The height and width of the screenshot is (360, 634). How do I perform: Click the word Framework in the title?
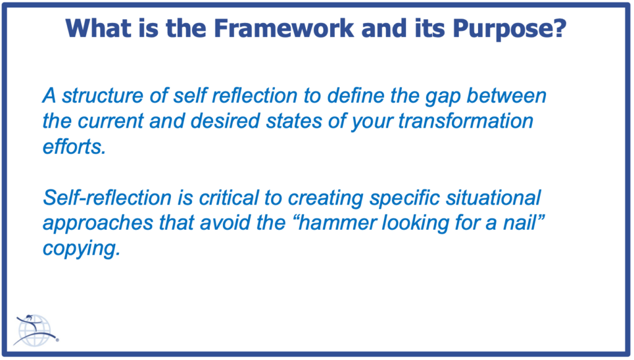click(x=284, y=28)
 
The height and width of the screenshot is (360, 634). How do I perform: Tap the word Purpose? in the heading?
click(x=509, y=29)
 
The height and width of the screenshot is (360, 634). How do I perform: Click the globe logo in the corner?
click(x=35, y=330)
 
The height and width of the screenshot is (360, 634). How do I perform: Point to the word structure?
click(x=103, y=96)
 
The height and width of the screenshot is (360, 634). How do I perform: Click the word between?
click(x=506, y=96)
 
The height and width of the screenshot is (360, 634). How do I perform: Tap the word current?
click(x=110, y=121)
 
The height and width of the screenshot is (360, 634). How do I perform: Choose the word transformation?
click(x=466, y=121)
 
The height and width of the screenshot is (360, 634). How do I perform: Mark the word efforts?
click(x=74, y=146)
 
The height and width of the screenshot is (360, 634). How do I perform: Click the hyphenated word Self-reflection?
click(x=107, y=198)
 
